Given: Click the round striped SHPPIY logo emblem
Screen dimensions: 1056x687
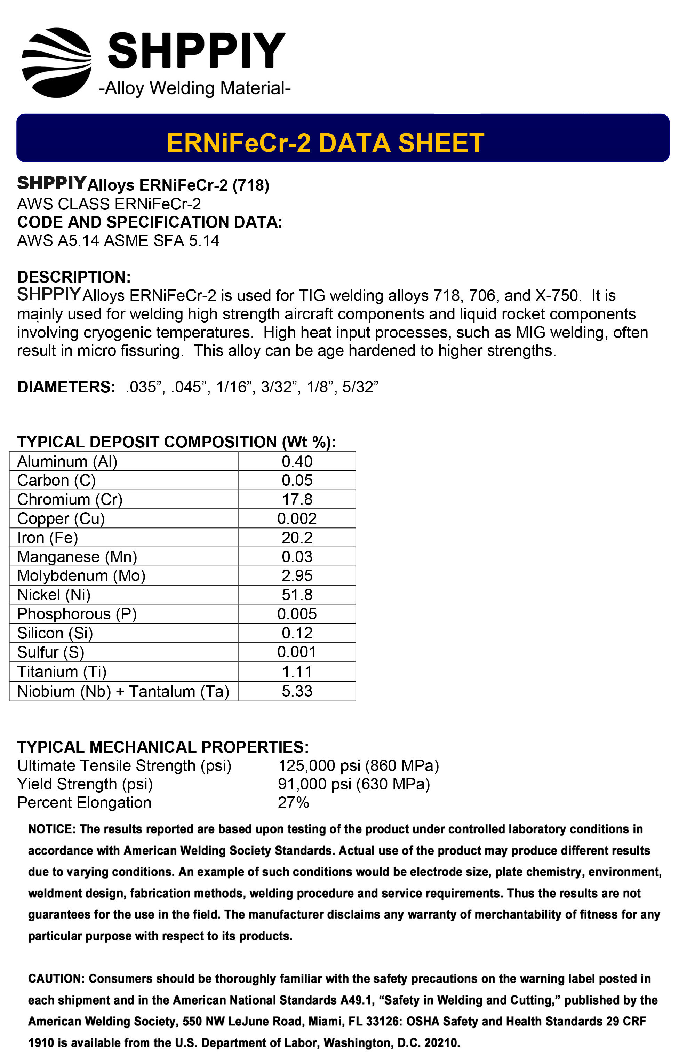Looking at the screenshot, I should click(57, 63).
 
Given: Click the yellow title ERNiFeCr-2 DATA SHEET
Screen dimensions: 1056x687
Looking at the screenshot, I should click(325, 143).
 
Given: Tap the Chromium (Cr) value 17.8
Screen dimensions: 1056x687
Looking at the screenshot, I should click(297, 499).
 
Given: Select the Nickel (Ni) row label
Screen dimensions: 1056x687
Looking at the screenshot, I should click(54, 595).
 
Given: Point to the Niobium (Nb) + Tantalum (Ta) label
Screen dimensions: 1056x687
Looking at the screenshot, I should click(123, 691).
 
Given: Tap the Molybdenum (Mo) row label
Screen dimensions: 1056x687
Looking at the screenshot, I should click(81, 575).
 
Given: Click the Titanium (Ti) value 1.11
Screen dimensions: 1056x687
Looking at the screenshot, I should click(297, 672).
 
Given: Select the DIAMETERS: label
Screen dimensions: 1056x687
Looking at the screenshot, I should click(66, 387).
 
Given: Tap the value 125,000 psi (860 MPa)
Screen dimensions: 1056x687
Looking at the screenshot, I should click(358, 765).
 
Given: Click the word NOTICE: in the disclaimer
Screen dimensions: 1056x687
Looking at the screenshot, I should click(52, 829).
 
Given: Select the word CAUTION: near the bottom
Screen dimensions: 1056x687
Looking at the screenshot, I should click(56, 978).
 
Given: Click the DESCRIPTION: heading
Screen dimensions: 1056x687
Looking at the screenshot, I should click(74, 277).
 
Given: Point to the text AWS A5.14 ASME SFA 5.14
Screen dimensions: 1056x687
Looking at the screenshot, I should click(118, 240).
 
